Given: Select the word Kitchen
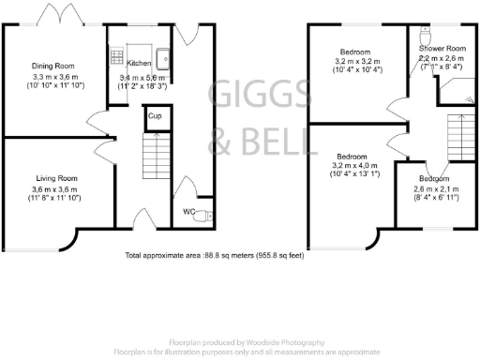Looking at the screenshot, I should click(x=139, y=65).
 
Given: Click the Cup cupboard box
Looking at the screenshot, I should click(x=154, y=116).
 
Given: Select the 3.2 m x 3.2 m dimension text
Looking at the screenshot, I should click(x=352, y=61).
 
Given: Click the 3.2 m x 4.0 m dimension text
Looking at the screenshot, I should click(x=352, y=165).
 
